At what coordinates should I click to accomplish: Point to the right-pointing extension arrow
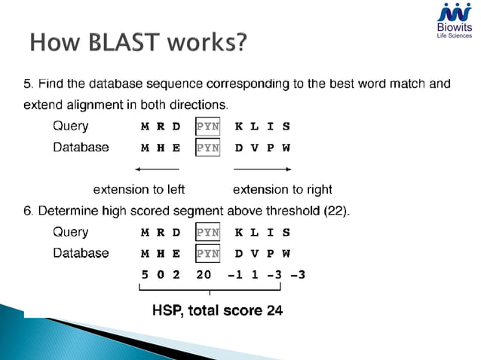263,169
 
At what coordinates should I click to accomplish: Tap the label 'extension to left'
139,189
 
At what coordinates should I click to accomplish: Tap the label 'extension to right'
283,189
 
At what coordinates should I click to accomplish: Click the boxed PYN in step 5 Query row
207,127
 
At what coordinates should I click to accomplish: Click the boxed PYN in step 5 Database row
207,148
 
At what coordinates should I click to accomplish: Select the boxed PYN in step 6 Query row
207,233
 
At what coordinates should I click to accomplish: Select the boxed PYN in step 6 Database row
207,254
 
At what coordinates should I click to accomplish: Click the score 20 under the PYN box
204,275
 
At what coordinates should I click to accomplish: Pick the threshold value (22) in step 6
335,211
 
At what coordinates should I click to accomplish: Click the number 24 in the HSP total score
274,310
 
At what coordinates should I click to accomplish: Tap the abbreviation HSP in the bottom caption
167,310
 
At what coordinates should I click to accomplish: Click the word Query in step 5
70,127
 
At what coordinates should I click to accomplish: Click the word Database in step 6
81,254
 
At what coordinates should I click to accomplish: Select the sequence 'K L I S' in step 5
262,127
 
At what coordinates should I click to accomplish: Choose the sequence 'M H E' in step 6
161,254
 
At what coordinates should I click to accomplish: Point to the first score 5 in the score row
145,275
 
